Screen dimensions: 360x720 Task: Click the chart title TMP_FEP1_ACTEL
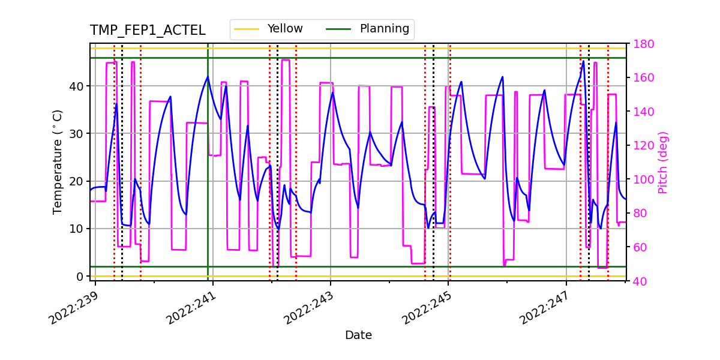coord(147,31)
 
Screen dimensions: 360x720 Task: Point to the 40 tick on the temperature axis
coord(79,86)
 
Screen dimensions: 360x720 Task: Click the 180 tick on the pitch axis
coord(642,44)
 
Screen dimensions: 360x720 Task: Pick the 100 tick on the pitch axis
coord(642,179)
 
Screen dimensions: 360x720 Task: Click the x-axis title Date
coord(358,335)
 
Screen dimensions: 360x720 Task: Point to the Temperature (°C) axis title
coord(58,161)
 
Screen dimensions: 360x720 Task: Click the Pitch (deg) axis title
coord(663,162)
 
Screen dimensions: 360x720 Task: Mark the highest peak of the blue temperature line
coord(583,61)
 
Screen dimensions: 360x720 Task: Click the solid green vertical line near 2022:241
coord(208,180)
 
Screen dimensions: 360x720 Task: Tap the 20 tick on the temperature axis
coord(79,181)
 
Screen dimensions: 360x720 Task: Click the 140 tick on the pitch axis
coord(642,112)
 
